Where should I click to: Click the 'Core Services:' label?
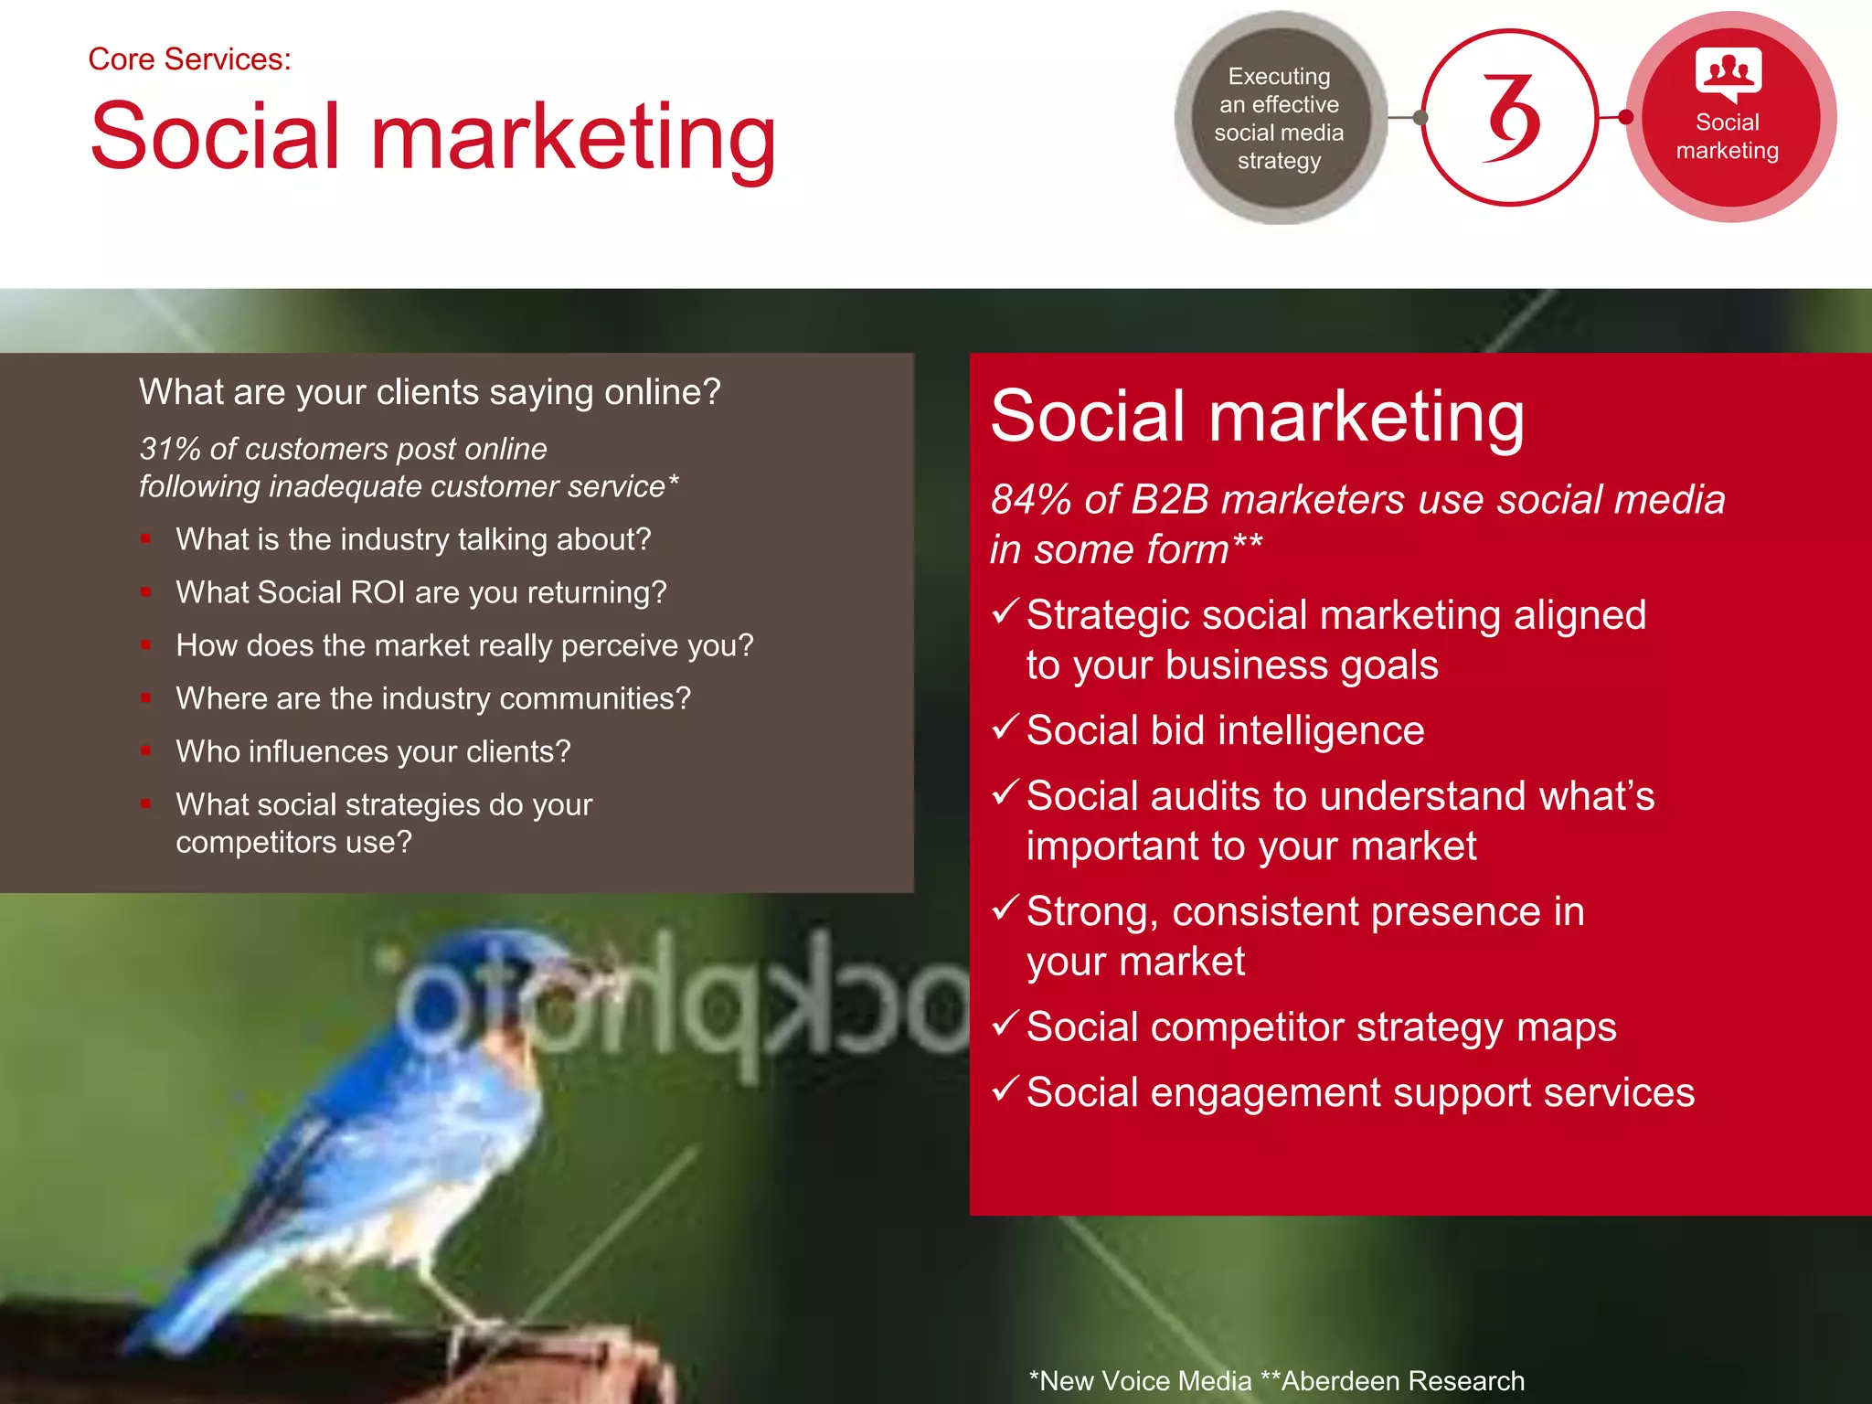[189, 59]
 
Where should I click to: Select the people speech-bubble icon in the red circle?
[1728, 73]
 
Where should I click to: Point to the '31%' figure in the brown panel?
[169, 449]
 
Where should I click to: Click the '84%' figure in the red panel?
[1031, 500]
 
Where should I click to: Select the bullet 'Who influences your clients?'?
[373, 751]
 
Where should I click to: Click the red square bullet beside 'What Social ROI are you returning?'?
[145, 592]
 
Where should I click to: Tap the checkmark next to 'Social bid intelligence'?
[1005, 727]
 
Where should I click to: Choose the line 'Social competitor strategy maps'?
[1321, 1026]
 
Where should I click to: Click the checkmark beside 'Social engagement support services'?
[1005, 1089]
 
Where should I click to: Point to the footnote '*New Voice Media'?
[1140, 1380]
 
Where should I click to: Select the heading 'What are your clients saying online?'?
[430, 392]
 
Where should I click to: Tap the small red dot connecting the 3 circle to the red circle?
[1625, 117]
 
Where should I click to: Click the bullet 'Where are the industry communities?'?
[433, 698]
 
